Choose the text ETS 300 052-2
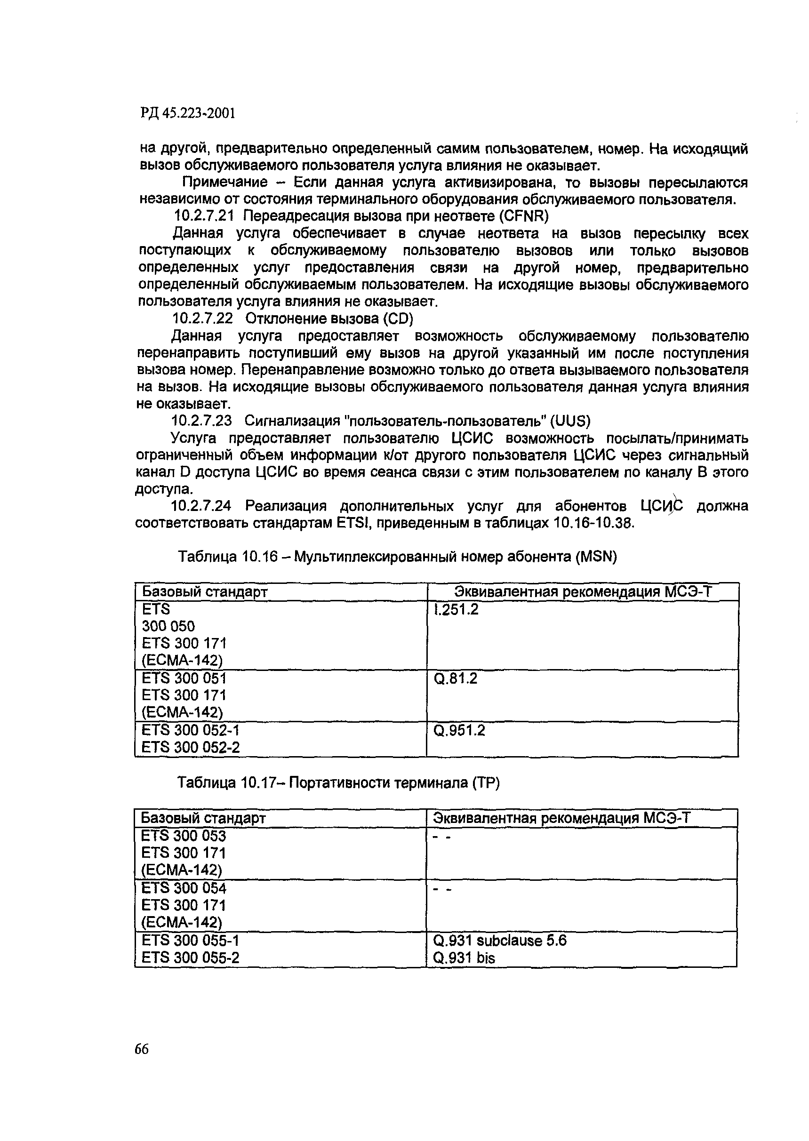click(x=191, y=747)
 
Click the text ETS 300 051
click(x=184, y=678)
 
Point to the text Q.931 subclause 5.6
click(x=500, y=940)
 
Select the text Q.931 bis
click(x=465, y=957)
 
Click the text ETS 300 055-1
click(x=191, y=940)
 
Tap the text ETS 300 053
click(x=184, y=836)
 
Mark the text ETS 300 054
click(x=184, y=888)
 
